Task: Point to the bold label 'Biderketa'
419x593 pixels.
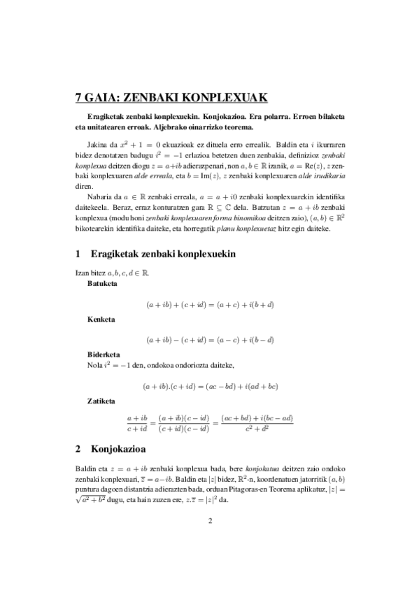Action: click(x=104, y=354)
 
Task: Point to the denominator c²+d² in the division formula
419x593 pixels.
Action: click(x=257, y=429)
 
